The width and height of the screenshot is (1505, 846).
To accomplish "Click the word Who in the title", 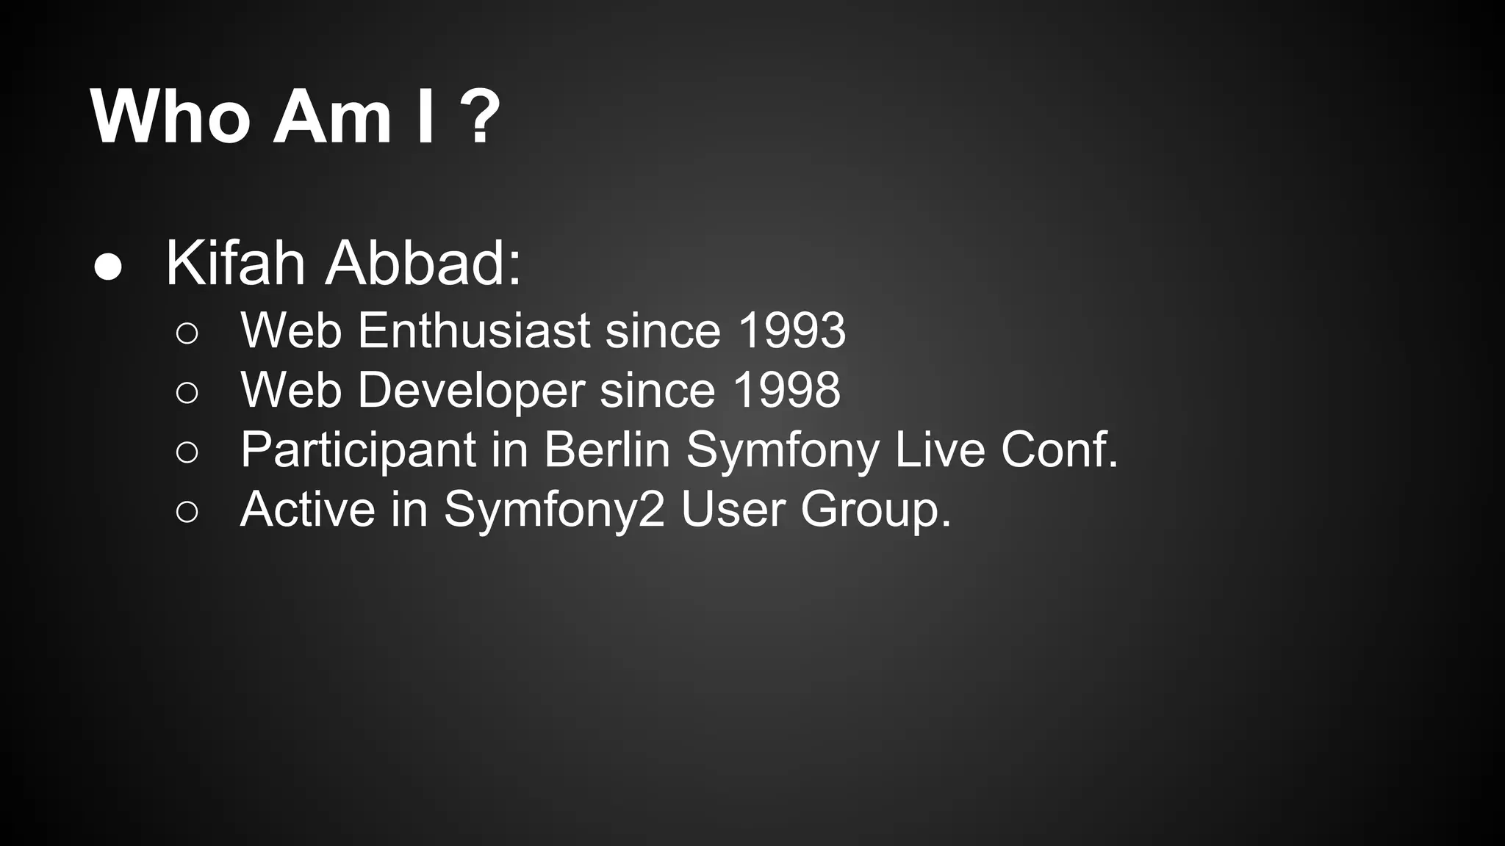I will [x=170, y=117].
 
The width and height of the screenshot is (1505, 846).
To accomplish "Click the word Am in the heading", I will [x=332, y=117].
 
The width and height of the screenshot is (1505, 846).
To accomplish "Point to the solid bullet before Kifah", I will [x=109, y=267].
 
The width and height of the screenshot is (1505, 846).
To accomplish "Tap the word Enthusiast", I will [x=474, y=330].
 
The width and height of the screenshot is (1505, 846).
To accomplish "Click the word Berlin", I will [x=607, y=449].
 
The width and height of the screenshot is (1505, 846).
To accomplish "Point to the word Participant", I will [x=359, y=450].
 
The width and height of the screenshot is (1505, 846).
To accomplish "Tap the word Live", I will [x=939, y=449].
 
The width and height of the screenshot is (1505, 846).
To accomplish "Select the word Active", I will [x=307, y=508].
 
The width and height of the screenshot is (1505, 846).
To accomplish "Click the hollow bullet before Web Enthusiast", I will [x=187, y=333].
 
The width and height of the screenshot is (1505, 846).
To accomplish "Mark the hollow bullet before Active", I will [x=187, y=512].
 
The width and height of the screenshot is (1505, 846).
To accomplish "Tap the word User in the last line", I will [x=733, y=508].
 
